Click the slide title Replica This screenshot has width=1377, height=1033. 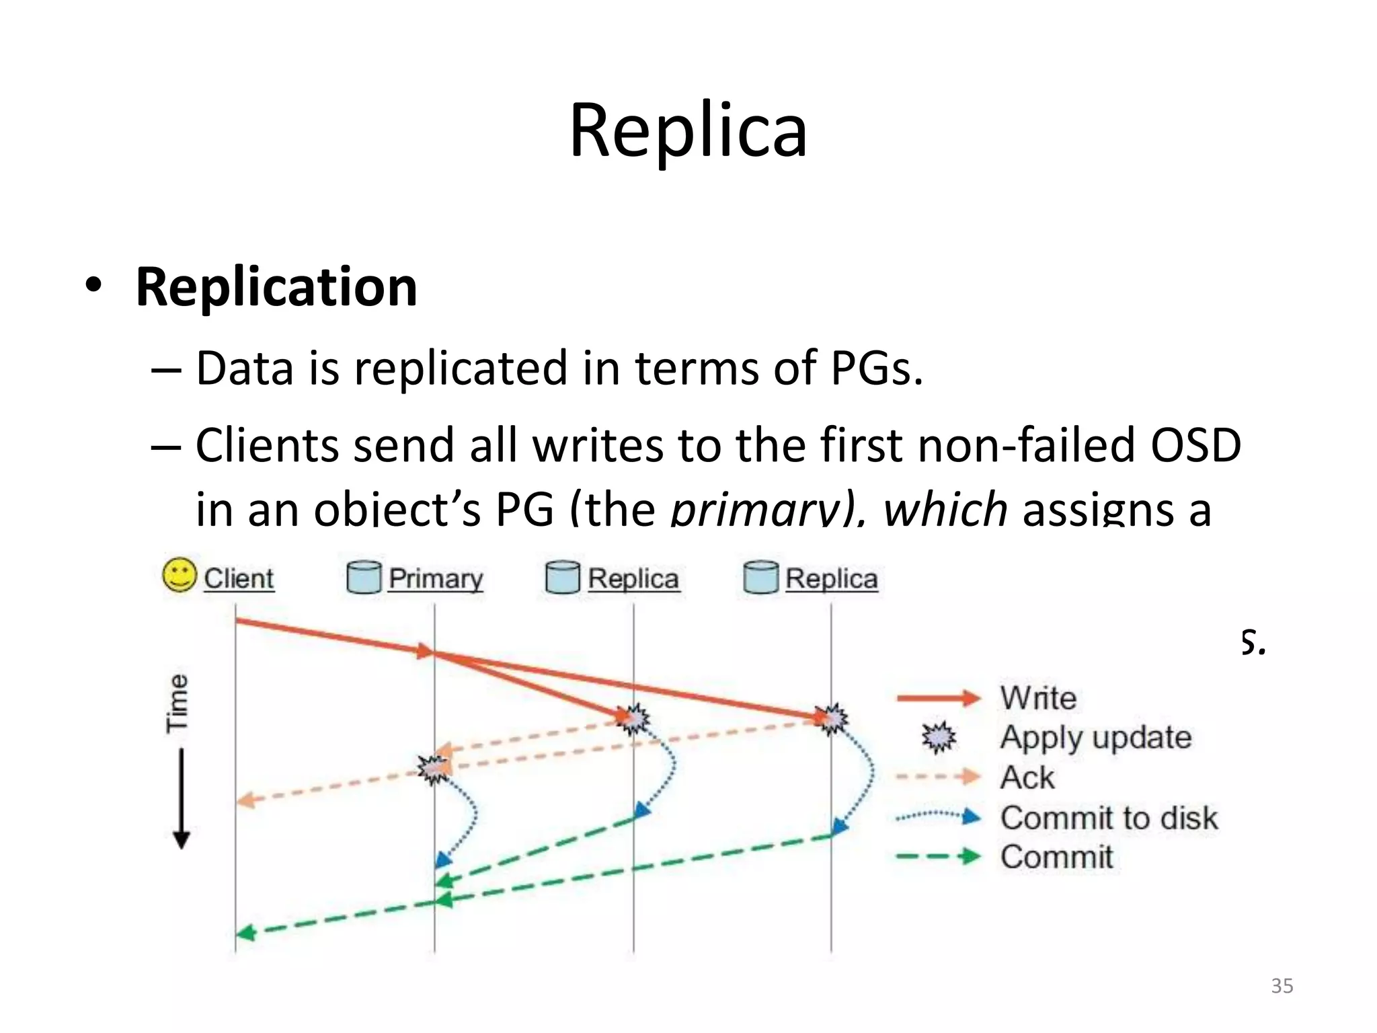click(x=688, y=131)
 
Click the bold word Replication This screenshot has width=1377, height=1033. click(x=276, y=287)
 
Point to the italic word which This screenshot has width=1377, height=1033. click(x=945, y=510)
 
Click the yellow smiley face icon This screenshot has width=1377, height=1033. click(x=180, y=576)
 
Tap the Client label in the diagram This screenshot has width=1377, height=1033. click(x=239, y=578)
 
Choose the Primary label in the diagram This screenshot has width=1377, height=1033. click(x=436, y=578)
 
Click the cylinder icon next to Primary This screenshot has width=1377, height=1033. click(x=364, y=578)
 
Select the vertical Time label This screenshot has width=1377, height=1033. click(x=178, y=703)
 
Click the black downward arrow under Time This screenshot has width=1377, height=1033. click(x=182, y=800)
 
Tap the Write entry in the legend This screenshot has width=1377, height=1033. click(x=1037, y=698)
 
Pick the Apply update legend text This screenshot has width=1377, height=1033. click(x=1095, y=738)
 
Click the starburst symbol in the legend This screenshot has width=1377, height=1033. click(x=939, y=738)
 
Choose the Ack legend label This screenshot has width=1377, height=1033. click(x=1027, y=778)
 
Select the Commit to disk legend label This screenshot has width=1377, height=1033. click(x=1109, y=818)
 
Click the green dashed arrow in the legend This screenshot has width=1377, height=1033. click(x=939, y=857)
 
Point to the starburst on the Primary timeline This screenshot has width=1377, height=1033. click(x=433, y=769)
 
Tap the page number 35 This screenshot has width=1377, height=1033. click(x=1282, y=986)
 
